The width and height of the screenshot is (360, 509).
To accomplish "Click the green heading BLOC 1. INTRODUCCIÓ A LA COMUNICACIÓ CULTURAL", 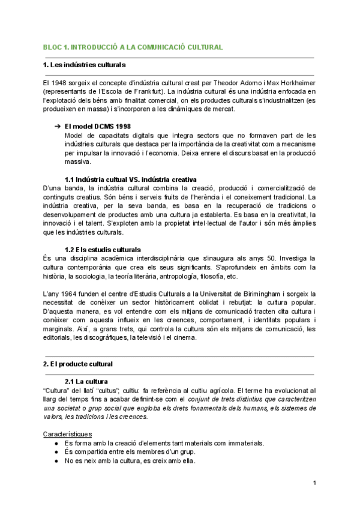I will tap(133, 46).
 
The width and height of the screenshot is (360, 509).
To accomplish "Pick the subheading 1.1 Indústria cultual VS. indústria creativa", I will tap(130, 179).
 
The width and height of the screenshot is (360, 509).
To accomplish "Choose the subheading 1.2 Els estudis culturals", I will tap(103, 249).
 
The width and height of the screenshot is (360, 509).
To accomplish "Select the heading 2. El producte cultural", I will tap(78, 364).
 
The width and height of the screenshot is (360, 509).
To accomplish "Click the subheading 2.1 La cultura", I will tap(86, 381).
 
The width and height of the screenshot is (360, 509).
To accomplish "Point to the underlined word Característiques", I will tap(68, 433).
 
